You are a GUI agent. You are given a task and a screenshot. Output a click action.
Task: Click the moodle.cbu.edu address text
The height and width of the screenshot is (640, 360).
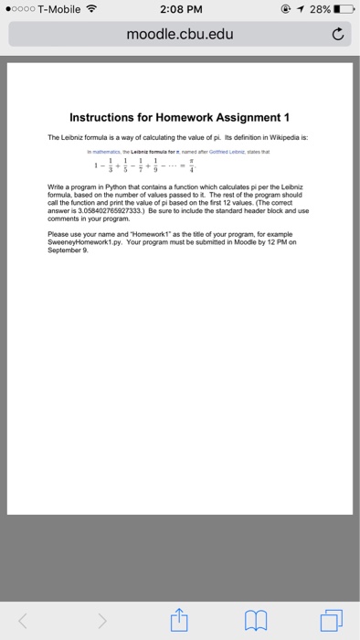pos(180,37)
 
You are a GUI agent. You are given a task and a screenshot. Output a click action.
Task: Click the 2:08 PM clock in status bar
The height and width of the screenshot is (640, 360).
pos(180,11)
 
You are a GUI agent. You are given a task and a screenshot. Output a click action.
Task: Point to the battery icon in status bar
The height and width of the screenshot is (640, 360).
pos(344,11)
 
